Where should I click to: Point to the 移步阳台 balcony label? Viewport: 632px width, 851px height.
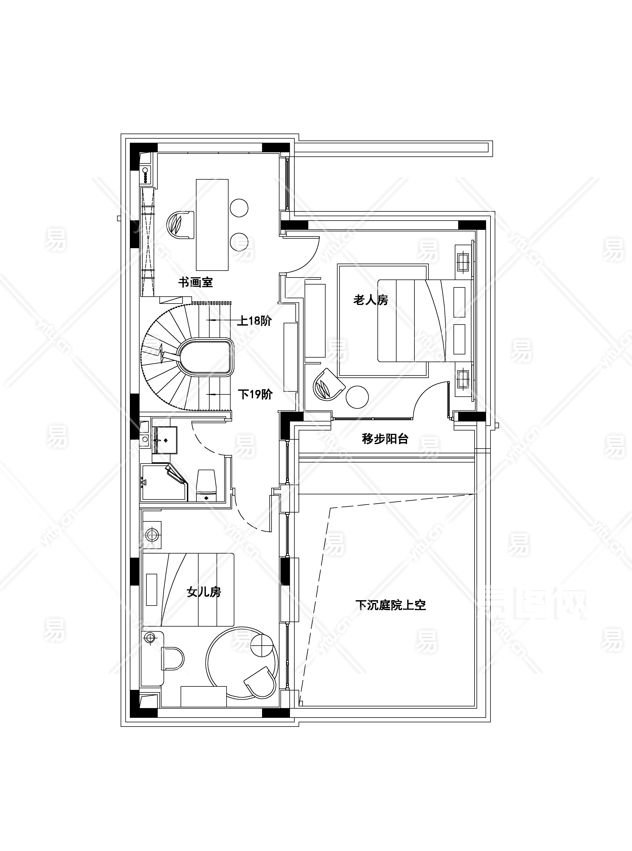pyautogui.click(x=385, y=439)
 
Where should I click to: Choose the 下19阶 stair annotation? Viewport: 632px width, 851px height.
pyautogui.click(x=255, y=394)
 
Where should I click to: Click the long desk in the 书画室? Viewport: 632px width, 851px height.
pyautogui.click(x=212, y=225)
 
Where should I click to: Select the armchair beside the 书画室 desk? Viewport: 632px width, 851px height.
pyautogui.click(x=180, y=225)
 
